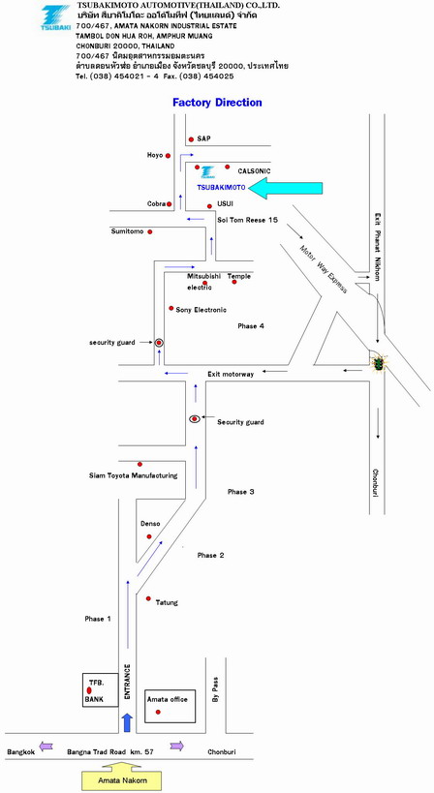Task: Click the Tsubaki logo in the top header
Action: pyautogui.click(x=55, y=17)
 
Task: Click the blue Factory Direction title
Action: pyautogui.click(x=218, y=103)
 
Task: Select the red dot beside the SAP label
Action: pyautogui.click(x=191, y=139)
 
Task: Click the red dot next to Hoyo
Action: pyautogui.click(x=168, y=156)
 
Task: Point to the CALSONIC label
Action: pyautogui.click(x=255, y=171)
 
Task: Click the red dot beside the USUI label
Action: pyautogui.click(x=209, y=206)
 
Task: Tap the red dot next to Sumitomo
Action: pyautogui.click(x=150, y=231)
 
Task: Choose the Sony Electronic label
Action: pyautogui.click(x=201, y=310)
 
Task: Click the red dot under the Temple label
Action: pyautogui.click(x=234, y=282)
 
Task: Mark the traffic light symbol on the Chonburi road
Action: pyautogui.click(x=378, y=362)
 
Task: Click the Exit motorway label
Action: pyautogui.click(x=231, y=375)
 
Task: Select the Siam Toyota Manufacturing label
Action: pyautogui.click(x=134, y=475)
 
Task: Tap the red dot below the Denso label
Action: pyautogui.click(x=149, y=536)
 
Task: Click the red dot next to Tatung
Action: pyautogui.click(x=148, y=598)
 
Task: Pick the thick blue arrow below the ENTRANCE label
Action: pyautogui.click(x=128, y=722)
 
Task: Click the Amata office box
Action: pyautogui.click(x=170, y=706)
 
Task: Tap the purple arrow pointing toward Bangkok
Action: pyautogui.click(x=46, y=746)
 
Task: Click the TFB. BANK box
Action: pyautogui.click(x=101, y=689)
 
